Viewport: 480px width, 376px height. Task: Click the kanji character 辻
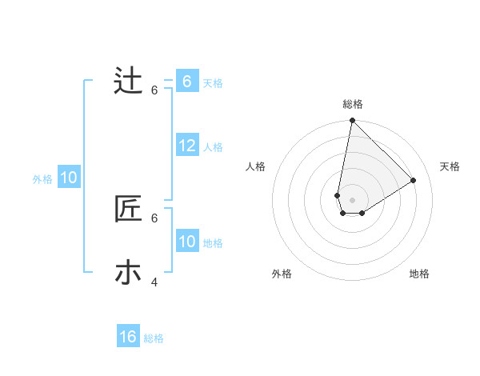click(x=128, y=81)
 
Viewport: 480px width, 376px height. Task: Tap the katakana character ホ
click(x=128, y=273)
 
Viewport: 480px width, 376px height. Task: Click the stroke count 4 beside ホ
click(x=154, y=282)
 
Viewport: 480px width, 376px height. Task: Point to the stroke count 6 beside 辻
click(x=154, y=90)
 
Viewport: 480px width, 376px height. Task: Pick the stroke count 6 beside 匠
click(x=154, y=218)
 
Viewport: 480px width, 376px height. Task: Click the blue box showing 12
click(x=187, y=146)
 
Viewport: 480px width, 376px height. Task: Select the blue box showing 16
click(x=128, y=337)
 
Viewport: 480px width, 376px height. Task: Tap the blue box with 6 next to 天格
click(x=187, y=81)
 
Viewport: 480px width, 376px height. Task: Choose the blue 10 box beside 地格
click(x=187, y=242)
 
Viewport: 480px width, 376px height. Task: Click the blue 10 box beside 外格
click(x=69, y=178)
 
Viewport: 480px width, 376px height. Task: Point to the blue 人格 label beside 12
click(x=213, y=147)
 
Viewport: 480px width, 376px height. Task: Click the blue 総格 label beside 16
click(x=154, y=338)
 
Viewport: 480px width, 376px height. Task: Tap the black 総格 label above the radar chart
click(x=353, y=104)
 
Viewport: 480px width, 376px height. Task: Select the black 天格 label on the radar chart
click(x=450, y=166)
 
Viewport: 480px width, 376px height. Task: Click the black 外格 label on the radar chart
click(x=282, y=274)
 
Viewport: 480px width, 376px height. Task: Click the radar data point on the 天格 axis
click(x=414, y=180)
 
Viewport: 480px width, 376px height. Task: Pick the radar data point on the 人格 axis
click(x=338, y=195)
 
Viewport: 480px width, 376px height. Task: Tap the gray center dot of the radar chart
click(x=353, y=200)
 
